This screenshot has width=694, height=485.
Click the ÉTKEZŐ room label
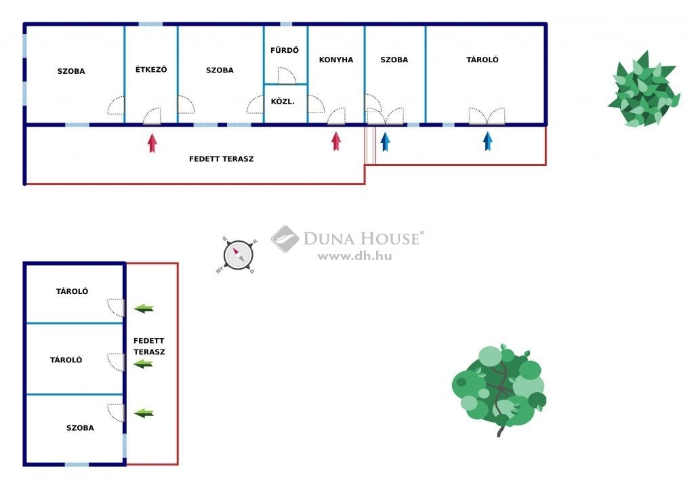151,69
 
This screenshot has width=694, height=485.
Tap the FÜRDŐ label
285,50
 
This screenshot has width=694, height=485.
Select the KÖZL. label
283,102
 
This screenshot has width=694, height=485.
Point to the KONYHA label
336,60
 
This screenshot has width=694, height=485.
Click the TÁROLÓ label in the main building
483,60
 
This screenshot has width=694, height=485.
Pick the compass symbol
238,255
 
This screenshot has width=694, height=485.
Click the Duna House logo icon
285,239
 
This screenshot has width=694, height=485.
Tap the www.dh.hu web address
355,256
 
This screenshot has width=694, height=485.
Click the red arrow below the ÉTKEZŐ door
152,143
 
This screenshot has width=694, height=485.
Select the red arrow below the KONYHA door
336,141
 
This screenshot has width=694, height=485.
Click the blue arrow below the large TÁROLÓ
488,141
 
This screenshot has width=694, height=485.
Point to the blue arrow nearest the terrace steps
385,142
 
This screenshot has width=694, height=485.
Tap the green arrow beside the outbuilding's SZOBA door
144,413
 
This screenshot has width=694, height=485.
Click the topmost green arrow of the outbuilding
144,308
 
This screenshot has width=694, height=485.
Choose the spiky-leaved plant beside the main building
644,89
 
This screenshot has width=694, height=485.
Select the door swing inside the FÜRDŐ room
287,75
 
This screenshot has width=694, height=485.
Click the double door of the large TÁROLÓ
487,116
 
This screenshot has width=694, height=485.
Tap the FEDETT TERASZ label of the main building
222,159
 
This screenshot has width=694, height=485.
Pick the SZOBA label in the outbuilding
80,428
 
